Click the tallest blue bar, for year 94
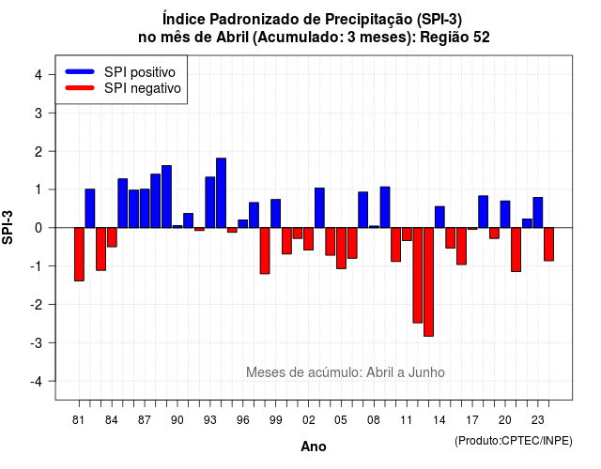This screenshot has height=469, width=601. pos(222,193)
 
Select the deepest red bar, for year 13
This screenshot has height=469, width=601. pos(428,281)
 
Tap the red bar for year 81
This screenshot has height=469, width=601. pos(79,254)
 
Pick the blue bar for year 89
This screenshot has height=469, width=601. pos(167,197)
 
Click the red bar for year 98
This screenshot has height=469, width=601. pos(265,250)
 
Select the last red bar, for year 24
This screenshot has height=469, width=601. pos(548,244)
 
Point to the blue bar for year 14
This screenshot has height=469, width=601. pos(439,217)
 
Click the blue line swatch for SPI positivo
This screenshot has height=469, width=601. pos(80,71)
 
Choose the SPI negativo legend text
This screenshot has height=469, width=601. pos(142,88)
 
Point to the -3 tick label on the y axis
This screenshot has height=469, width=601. pos(37,343)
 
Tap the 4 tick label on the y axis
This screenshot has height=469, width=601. pos(39,75)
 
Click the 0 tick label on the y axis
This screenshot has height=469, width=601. pos(39,228)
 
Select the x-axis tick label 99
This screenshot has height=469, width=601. pos(275,420)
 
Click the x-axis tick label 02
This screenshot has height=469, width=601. pos(309,420)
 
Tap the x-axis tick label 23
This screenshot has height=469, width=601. pos(538,420)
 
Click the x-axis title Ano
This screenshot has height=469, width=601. pos(314,446)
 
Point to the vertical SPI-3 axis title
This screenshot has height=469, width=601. pos(8,227)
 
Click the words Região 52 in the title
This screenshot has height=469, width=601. pos(455,38)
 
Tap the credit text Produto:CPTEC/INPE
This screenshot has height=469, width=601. pos(514,441)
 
